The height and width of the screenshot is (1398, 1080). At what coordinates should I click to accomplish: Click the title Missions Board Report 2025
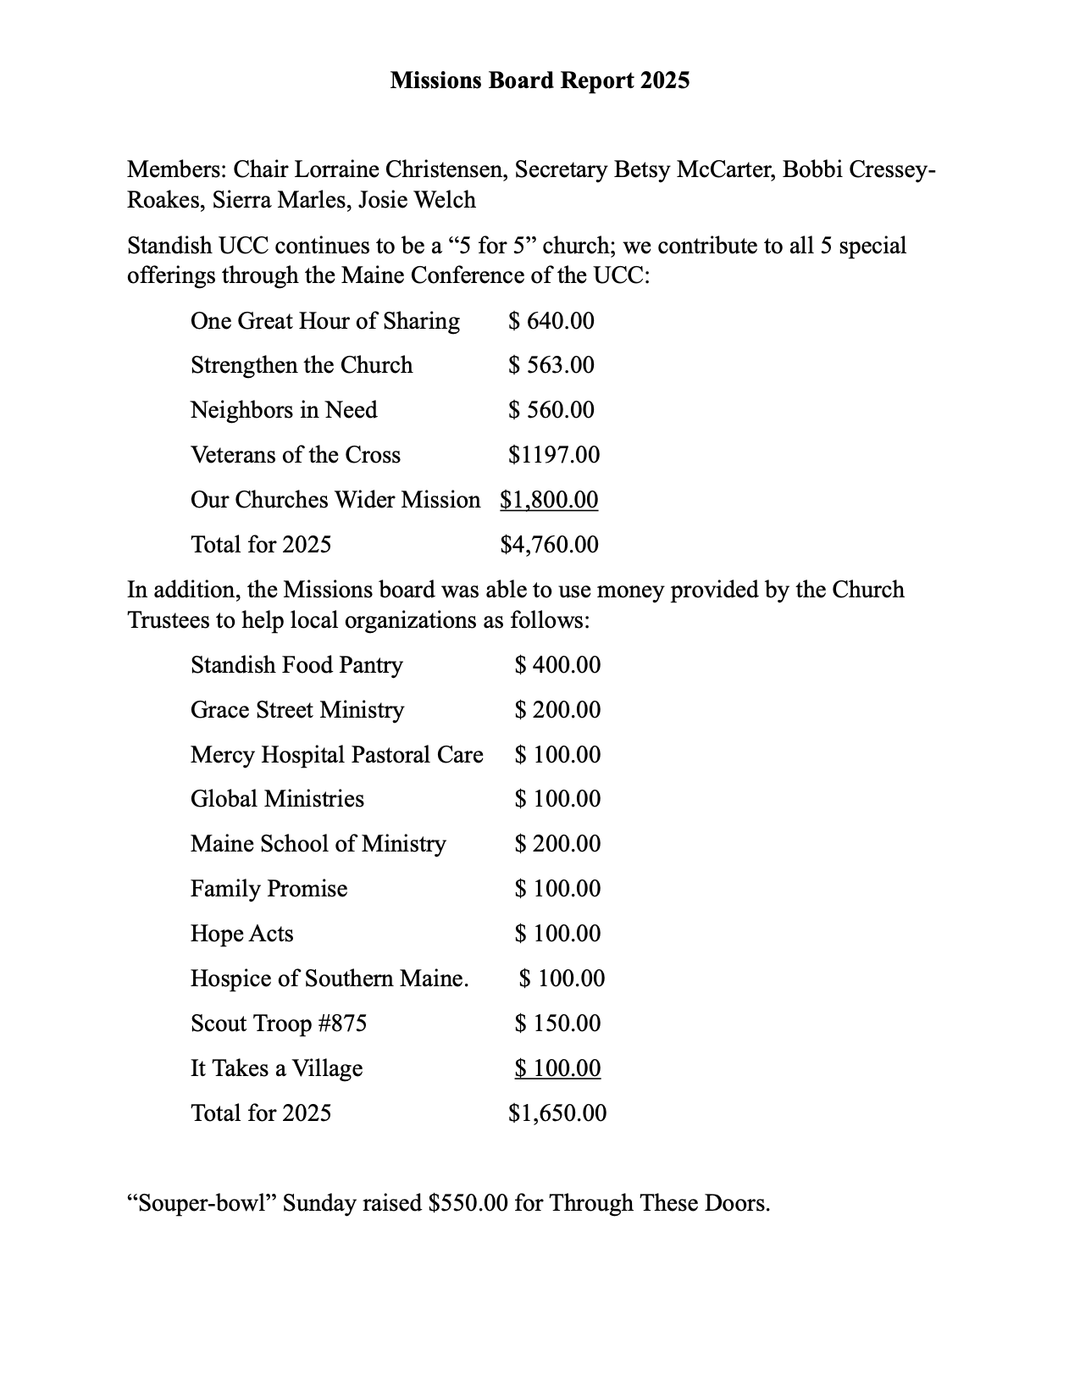[x=540, y=80]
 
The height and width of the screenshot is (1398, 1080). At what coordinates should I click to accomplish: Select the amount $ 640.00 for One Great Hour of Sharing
[x=551, y=321]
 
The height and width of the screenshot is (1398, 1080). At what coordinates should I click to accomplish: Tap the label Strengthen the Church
[x=302, y=365]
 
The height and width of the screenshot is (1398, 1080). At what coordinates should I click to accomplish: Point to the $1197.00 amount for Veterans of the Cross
[x=554, y=455]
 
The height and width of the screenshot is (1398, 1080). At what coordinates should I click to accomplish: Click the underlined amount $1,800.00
[x=549, y=500]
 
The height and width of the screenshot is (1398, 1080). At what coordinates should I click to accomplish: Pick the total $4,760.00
[x=549, y=545]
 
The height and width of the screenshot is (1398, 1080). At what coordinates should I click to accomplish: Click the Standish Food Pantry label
[x=296, y=665]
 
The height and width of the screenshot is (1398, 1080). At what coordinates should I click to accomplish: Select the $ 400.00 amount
[x=557, y=665]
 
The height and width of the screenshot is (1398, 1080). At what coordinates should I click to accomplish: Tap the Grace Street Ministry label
[x=297, y=710]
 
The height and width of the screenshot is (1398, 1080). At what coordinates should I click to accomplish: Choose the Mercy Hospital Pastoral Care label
[x=337, y=755]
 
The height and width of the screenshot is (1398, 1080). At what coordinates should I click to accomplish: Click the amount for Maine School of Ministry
[x=557, y=844]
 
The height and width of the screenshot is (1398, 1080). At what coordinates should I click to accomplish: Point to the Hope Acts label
[x=242, y=934]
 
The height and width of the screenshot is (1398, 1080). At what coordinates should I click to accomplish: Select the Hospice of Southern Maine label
[x=330, y=979]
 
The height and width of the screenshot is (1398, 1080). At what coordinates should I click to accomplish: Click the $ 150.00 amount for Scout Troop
[x=557, y=1024]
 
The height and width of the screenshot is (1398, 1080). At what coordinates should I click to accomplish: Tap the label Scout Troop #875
[x=279, y=1024]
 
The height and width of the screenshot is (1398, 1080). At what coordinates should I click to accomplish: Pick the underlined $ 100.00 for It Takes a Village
[x=557, y=1068]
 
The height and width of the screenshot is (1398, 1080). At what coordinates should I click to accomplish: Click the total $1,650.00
[x=557, y=1113]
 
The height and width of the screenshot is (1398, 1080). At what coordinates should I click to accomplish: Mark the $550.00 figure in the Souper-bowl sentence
[x=468, y=1203]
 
